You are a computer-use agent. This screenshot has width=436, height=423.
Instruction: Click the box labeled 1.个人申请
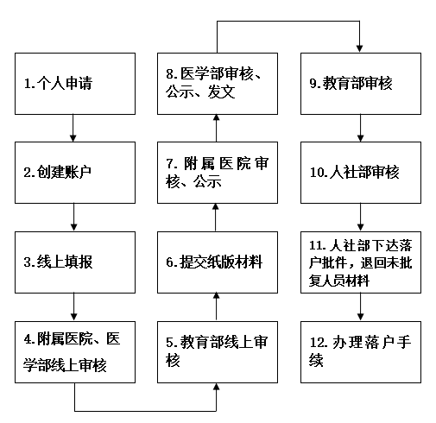75,84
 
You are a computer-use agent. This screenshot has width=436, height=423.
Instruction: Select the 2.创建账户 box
75,173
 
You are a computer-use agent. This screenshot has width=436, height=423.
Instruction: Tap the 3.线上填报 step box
75,262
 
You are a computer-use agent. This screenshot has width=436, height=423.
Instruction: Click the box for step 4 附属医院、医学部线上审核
75,352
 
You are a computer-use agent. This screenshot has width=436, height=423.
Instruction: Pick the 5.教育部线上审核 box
218,352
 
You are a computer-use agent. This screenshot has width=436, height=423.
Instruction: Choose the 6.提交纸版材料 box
218,262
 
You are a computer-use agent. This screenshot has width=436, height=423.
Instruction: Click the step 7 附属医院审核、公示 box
218,173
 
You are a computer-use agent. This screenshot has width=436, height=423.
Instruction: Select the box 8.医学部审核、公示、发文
218,84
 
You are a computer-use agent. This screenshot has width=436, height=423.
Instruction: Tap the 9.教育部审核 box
361,84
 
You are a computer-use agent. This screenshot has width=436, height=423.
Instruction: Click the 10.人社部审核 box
361,173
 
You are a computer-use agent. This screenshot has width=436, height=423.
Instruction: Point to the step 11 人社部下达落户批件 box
361,262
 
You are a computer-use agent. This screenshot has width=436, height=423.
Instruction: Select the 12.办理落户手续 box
361,352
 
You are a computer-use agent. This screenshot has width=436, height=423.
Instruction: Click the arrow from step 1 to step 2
73,128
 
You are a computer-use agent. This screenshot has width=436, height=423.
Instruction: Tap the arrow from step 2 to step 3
74,218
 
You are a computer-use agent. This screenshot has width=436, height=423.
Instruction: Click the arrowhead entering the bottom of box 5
216,387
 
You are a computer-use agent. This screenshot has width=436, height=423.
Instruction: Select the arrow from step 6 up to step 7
216,218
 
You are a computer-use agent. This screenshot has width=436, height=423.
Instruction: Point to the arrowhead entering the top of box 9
359,49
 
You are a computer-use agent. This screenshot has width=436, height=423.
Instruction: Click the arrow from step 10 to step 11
361,218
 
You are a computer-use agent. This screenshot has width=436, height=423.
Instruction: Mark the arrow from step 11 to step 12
361,307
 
